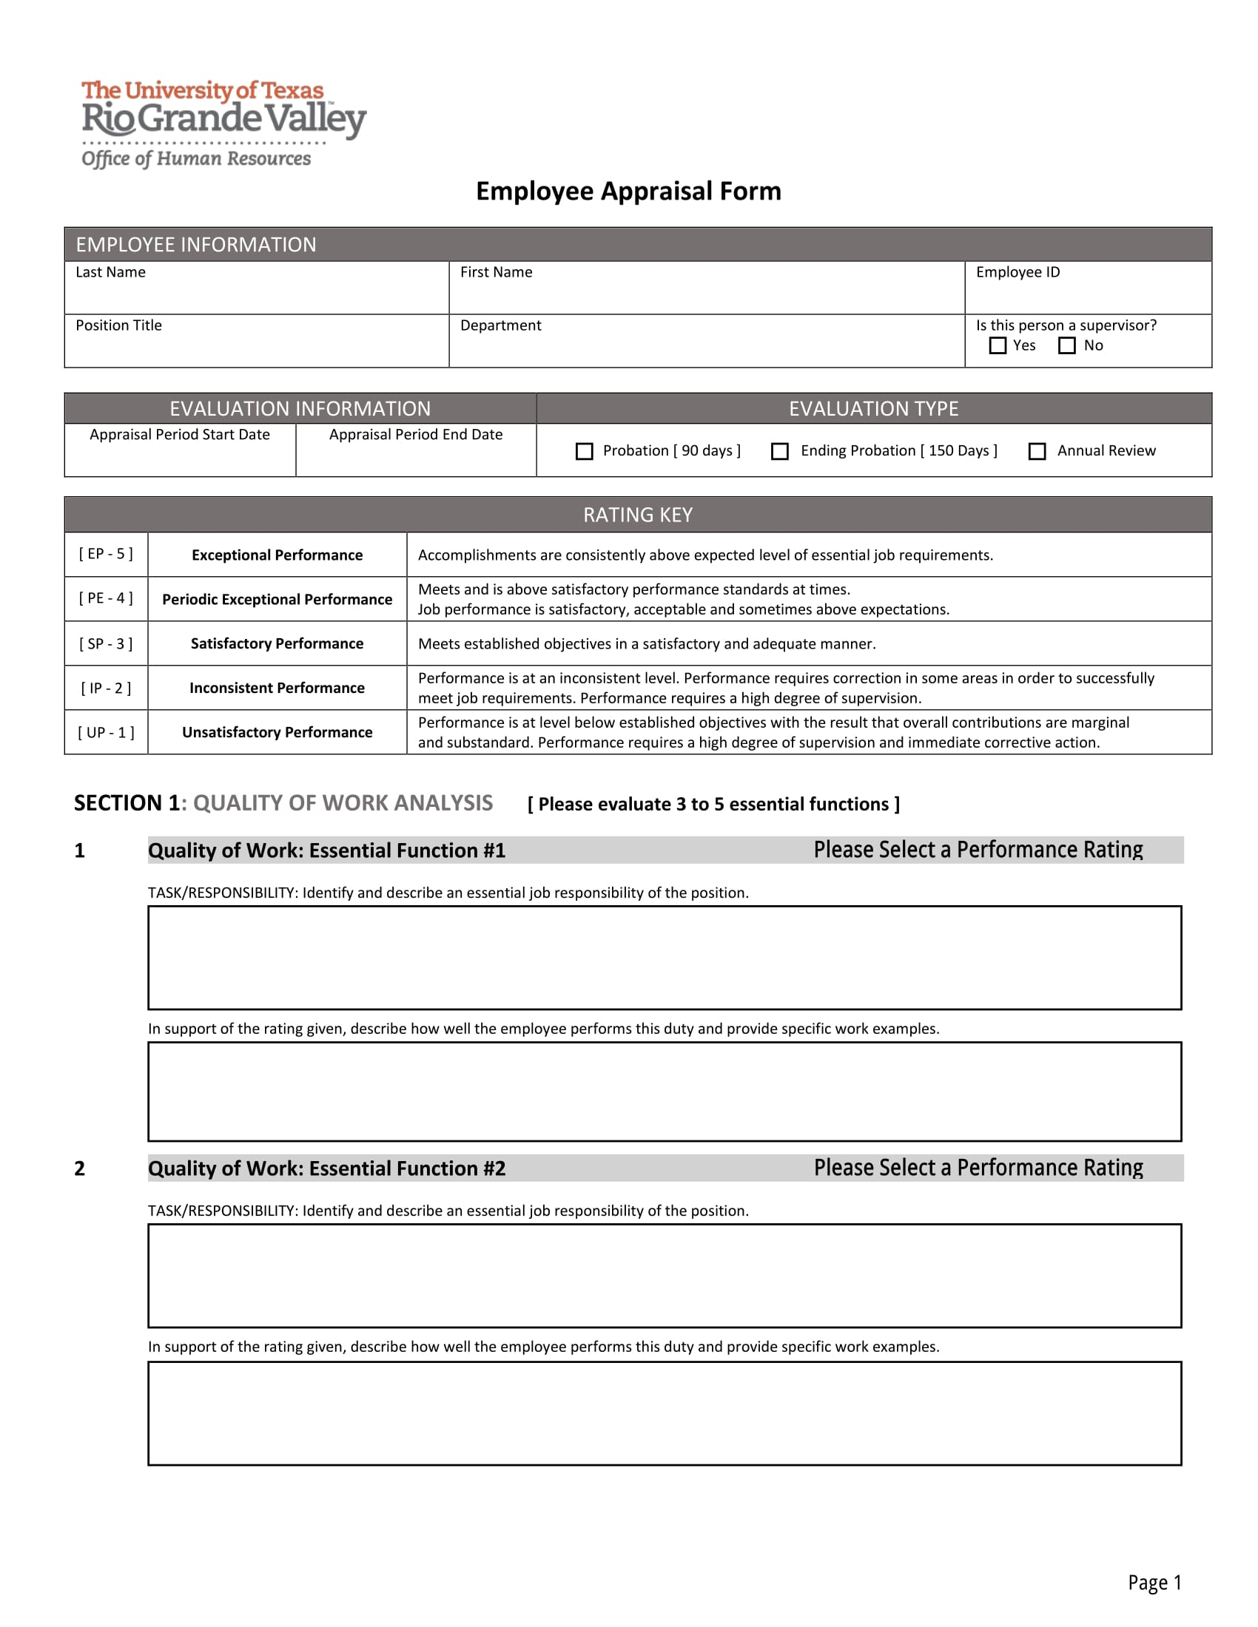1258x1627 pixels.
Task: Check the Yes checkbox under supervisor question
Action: pyautogui.click(x=998, y=345)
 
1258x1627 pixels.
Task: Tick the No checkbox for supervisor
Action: pyautogui.click(x=1066, y=345)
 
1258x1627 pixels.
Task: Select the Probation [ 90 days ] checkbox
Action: pyautogui.click(x=585, y=451)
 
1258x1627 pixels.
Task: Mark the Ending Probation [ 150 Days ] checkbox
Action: pyautogui.click(x=779, y=451)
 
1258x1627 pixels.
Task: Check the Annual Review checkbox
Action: pyautogui.click(x=1037, y=451)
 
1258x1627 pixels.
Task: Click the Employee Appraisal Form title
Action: pyautogui.click(x=628, y=192)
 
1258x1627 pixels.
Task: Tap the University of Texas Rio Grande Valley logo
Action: pyautogui.click(x=223, y=124)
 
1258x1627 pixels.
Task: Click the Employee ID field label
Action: pyautogui.click(x=1017, y=272)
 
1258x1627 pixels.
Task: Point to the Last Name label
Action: pyautogui.click(x=110, y=272)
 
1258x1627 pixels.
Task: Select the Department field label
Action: pyautogui.click(x=500, y=325)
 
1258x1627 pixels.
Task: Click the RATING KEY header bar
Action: pyautogui.click(x=637, y=515)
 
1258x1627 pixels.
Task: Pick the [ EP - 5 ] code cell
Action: pyautogui.click(x=106, y=554)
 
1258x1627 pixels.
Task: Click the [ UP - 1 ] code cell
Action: pyautogui.click(x=106, y=732)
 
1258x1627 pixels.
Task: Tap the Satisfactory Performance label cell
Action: pyautogui.click(x=277, y=643)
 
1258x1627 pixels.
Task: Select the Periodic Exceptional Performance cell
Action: pyautogui.click(x=277, y=600)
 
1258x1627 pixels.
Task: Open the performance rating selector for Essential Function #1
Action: pyautogui.click(x=977, y=850)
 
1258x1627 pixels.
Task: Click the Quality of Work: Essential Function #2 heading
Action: pyautogui.click(x=326, y=1168)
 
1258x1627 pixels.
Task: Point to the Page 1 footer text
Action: pyautogui.click(x=1154, y=1583)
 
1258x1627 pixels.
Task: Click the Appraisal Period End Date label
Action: pyautogui.click(x=416, y=434)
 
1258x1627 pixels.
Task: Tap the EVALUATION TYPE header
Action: pyautogui.click(x=873, y=409)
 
